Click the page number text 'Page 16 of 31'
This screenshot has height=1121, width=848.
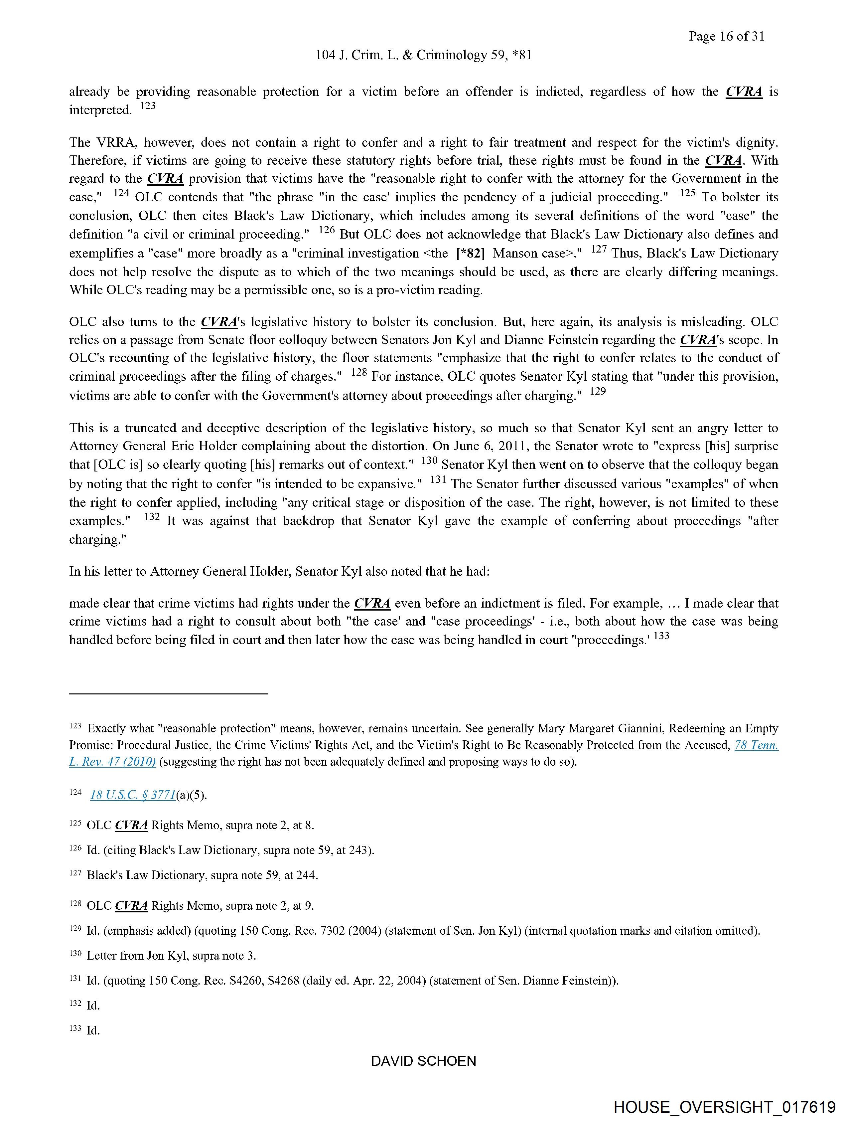726,36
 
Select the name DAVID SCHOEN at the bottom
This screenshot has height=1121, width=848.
423,1061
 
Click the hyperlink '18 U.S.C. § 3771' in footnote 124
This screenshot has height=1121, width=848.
133,795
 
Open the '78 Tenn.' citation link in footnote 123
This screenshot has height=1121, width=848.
756,745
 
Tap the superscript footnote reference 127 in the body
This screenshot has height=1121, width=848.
599,249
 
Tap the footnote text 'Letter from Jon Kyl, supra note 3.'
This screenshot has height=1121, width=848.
171,956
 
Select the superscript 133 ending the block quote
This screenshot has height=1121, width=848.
661,636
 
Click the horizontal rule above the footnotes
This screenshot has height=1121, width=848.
168,693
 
